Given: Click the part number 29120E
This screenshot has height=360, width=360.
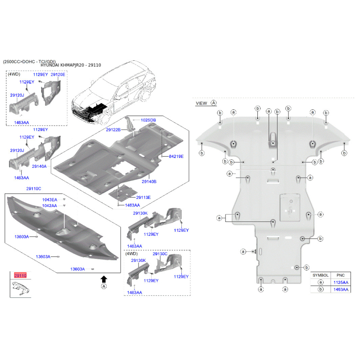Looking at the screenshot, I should (58, 74).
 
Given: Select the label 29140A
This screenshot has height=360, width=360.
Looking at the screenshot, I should (39, 166).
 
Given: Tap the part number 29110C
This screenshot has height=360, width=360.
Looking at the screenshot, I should (33, 189).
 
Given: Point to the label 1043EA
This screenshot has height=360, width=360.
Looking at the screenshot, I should (50, 199).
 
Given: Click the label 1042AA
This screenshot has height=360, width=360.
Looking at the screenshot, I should (50, 206).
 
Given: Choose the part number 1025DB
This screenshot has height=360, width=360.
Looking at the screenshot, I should (148, 120).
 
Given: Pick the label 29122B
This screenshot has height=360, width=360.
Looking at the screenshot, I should (113, 130).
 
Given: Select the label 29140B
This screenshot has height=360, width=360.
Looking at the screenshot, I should (149, 181).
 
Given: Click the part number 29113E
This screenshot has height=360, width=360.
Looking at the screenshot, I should (143, 197).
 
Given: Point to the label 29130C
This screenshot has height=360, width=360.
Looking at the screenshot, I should (160, 254).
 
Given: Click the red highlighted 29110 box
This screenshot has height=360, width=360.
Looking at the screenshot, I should (20, 275).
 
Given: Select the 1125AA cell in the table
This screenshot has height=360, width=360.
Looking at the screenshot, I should (340, 282).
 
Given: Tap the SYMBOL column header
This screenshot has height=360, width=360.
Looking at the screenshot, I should (320, 274).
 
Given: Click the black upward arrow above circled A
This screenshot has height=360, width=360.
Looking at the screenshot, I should (104, 279).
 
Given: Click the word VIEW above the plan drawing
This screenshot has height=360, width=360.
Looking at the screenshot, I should (202, 103).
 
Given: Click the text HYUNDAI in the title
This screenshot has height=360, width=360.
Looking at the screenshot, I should (52, 65).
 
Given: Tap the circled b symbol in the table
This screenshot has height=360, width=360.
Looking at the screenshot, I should (320, 289).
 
